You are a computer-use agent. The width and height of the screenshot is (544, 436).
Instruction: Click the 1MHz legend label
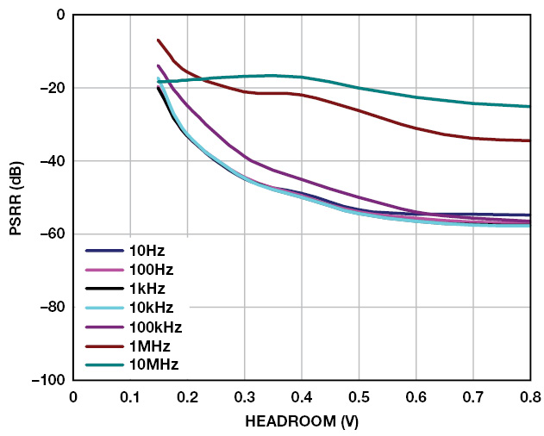[x=147, y=346]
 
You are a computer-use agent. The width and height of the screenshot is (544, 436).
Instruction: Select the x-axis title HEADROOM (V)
[x=302, y=422]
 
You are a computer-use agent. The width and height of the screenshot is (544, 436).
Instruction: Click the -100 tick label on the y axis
[x=48, y=380]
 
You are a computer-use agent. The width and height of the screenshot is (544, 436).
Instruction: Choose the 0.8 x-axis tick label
[x=530, y=397]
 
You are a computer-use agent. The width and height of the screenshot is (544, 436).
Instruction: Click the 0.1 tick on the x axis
[x=130, y=397]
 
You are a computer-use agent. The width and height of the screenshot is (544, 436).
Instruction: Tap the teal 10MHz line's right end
[x=530, y=106]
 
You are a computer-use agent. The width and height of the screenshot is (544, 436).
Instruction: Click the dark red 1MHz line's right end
[x=530, y=140]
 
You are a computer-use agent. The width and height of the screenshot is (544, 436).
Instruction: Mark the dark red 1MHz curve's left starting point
[x=158, y=40]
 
